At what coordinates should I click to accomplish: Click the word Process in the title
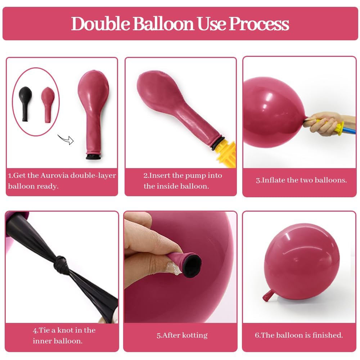point(259,24)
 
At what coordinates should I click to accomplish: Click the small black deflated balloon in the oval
point(25,104)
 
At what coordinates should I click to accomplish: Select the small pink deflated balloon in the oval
point(48,105)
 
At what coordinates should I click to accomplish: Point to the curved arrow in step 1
point(66,139)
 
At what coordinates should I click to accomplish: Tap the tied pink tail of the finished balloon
point(268,296)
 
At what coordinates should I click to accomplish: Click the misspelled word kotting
point(195,336)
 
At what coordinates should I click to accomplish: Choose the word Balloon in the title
point(163,23)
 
